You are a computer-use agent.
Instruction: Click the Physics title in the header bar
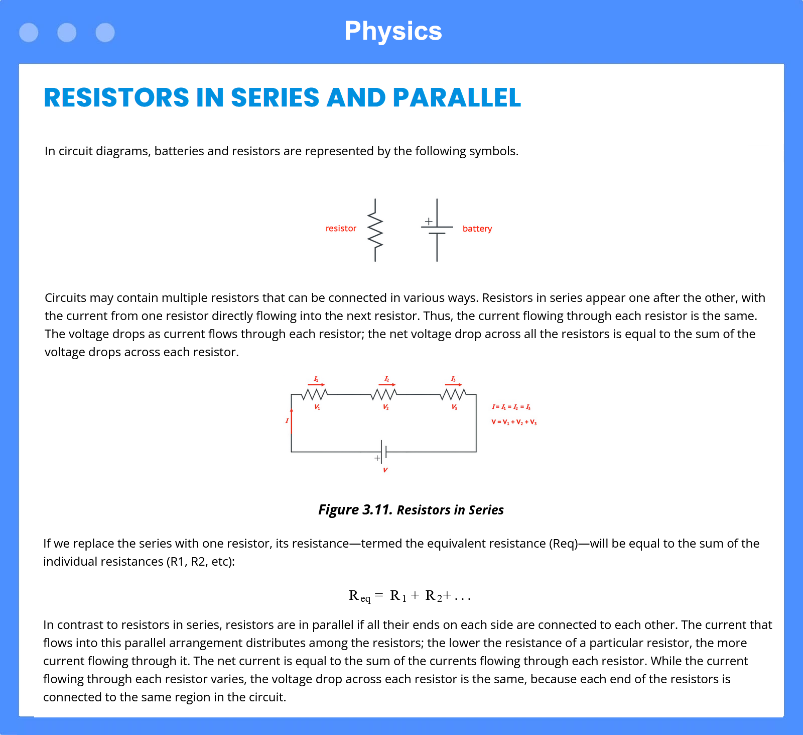click(393, 31)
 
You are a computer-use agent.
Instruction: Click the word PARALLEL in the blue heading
click(457, 97)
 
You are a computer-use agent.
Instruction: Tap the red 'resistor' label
click(341, 229)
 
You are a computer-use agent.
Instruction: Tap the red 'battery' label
click(477, 229)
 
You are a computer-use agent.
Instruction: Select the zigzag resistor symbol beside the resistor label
click(375, 230)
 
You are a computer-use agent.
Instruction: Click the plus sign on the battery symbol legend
click(429, 221)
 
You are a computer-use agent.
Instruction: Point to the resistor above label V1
click(315, 394)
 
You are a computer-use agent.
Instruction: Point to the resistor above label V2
click(384, 394)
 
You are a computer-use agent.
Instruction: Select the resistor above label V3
click(453, 394)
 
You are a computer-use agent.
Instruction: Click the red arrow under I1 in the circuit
click(316, 385)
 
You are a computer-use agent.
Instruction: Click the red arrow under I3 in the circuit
click(453, 385)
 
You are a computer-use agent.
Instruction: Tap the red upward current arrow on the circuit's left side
click(292, 421)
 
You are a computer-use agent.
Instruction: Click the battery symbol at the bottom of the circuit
click(383, 452)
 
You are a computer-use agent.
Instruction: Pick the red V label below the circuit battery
click(385, 470)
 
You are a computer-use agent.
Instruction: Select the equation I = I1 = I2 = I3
click(511, 407)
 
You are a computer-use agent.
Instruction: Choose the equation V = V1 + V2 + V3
click(514, 423)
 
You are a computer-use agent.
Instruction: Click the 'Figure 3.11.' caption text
click(355, 510)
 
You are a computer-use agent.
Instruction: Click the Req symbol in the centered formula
click(360, 596)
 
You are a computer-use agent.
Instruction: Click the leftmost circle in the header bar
click(29, 33)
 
